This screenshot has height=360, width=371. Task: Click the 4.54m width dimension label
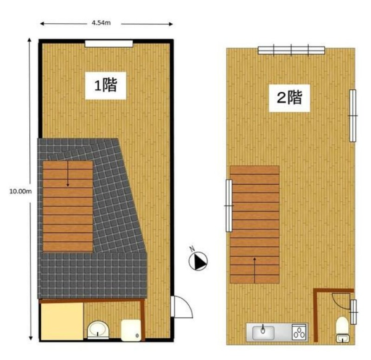pos(101,23)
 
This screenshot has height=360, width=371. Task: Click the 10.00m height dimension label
pos(20,191)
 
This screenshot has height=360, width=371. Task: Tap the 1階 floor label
pos(106,85)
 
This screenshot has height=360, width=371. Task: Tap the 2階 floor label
pos(289,97)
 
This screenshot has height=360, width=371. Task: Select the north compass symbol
pos(198,260)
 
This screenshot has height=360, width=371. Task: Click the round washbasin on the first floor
pos(98,329)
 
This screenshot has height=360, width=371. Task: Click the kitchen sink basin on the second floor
pos(263,333)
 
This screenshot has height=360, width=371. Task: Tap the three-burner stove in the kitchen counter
pos(299,332)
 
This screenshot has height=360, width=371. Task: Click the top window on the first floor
pos(109,44)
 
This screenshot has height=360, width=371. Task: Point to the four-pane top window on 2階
pos(291,51)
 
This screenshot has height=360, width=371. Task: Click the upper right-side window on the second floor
pos(352,116)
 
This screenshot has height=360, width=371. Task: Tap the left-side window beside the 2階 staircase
pos(229,206)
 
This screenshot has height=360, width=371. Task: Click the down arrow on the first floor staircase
pos(68,174)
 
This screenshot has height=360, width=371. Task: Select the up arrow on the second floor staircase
pos(255,270)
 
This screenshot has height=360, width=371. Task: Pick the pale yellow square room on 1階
pos(62,321)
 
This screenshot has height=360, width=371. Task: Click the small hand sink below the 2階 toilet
pos(342,338)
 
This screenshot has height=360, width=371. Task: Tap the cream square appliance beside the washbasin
pos(131,330)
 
